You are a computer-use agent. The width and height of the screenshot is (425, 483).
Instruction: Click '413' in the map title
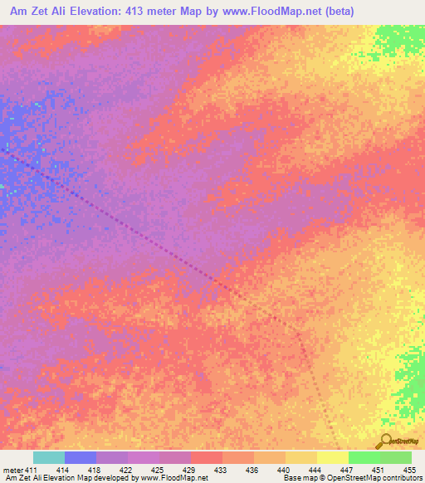click(144, 11)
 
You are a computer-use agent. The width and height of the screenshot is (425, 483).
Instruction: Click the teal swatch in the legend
click(49, 458)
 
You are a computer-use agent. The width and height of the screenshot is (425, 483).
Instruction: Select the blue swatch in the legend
click(81, 458)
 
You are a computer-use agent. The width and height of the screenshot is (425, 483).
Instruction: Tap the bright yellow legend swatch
click(333, 458)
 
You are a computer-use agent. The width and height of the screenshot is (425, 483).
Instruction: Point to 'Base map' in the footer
click(298, 478)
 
